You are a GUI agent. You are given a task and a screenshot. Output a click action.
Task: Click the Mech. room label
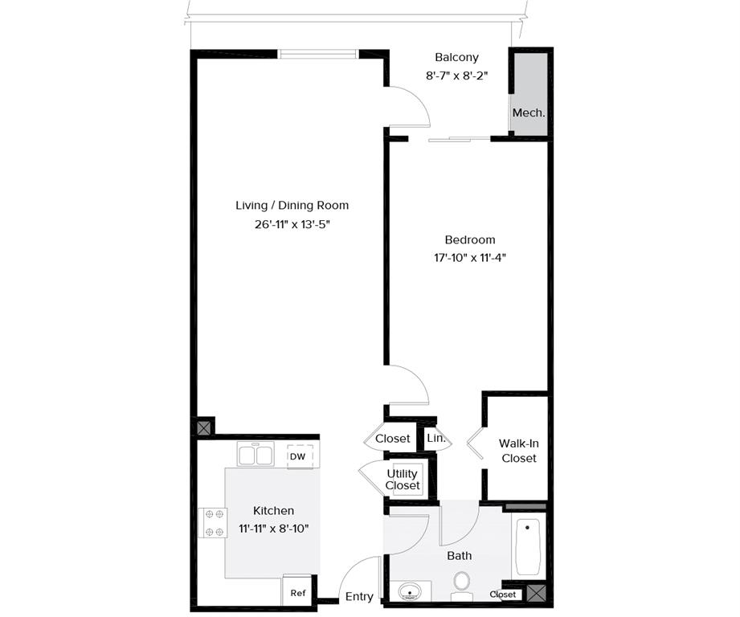click(529, 113)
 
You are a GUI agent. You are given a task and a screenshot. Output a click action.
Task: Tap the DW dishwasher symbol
click(298, 456)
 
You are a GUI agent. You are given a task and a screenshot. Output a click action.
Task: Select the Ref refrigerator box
click(298, 593)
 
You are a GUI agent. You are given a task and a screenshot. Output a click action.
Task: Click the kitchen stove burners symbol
click(213, 521)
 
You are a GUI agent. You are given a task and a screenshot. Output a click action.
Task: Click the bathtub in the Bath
click(527, 547)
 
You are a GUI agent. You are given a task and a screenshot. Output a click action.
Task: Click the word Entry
click(359, 596)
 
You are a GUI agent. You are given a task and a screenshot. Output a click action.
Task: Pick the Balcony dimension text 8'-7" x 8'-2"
click(457, 75)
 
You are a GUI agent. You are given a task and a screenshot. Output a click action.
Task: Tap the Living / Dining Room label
click(292, 206)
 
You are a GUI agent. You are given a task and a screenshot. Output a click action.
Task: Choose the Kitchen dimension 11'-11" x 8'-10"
click(274, 528)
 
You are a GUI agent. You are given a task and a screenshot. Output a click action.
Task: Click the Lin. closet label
click(436, 439)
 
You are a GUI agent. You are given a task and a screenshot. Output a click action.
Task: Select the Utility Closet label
click(403, 480)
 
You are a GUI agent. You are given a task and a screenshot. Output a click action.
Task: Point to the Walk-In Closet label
click(518, 450)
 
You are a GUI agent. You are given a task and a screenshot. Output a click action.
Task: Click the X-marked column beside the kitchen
click(205, 427)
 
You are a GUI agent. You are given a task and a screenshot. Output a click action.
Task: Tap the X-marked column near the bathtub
click(537, 594)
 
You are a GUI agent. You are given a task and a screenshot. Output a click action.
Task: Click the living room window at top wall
click(319, 55)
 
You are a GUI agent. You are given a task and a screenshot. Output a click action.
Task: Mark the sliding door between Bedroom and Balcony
click(459, 139)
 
